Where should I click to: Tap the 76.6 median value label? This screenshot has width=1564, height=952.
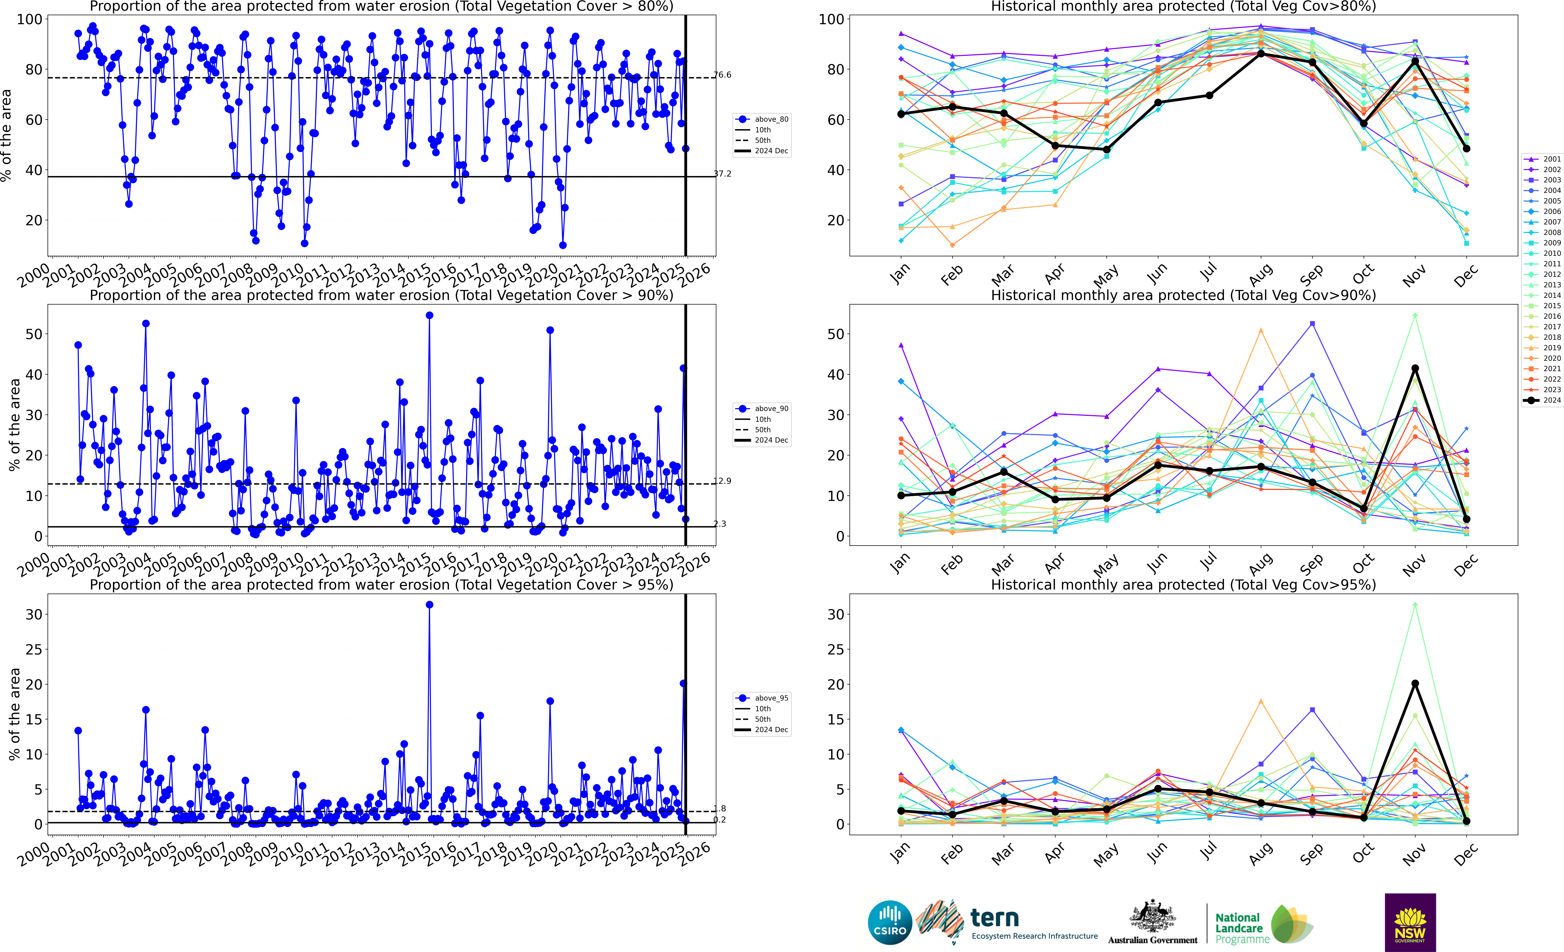(722, 75)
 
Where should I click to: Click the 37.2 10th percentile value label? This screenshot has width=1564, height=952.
(722, 173)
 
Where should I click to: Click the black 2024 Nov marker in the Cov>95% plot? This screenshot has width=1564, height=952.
(1415, 684)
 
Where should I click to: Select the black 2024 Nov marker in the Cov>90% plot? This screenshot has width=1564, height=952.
(1415, 368)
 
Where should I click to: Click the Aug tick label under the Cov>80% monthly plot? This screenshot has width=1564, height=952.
(1261, 274)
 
